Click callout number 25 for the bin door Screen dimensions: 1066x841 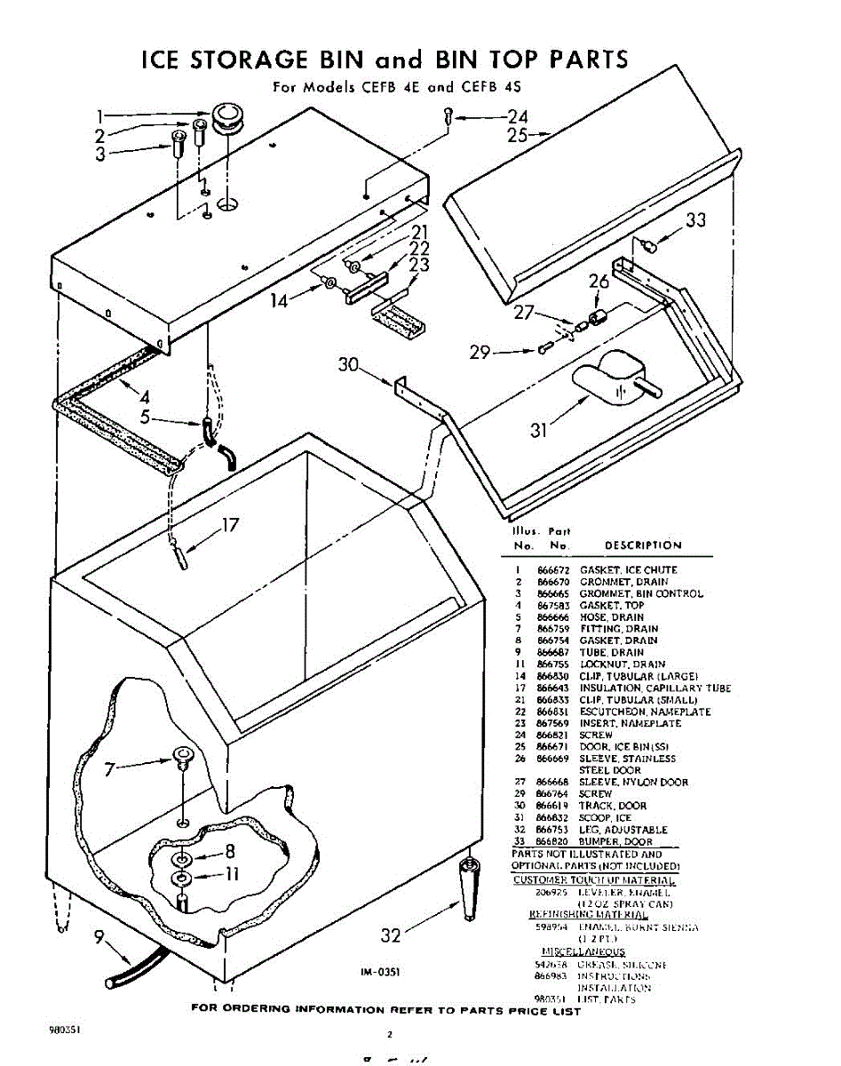pos(518,136)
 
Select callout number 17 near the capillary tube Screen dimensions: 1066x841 pos(229,525)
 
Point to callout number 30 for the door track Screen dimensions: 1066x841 pos(349,365)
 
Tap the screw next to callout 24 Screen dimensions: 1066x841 pos(449,116)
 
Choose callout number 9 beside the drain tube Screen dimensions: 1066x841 pos(100,936)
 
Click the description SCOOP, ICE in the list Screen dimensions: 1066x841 pos(606,817)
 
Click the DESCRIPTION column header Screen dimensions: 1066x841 pos(643,545)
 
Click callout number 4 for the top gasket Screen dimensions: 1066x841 pos(144,396)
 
